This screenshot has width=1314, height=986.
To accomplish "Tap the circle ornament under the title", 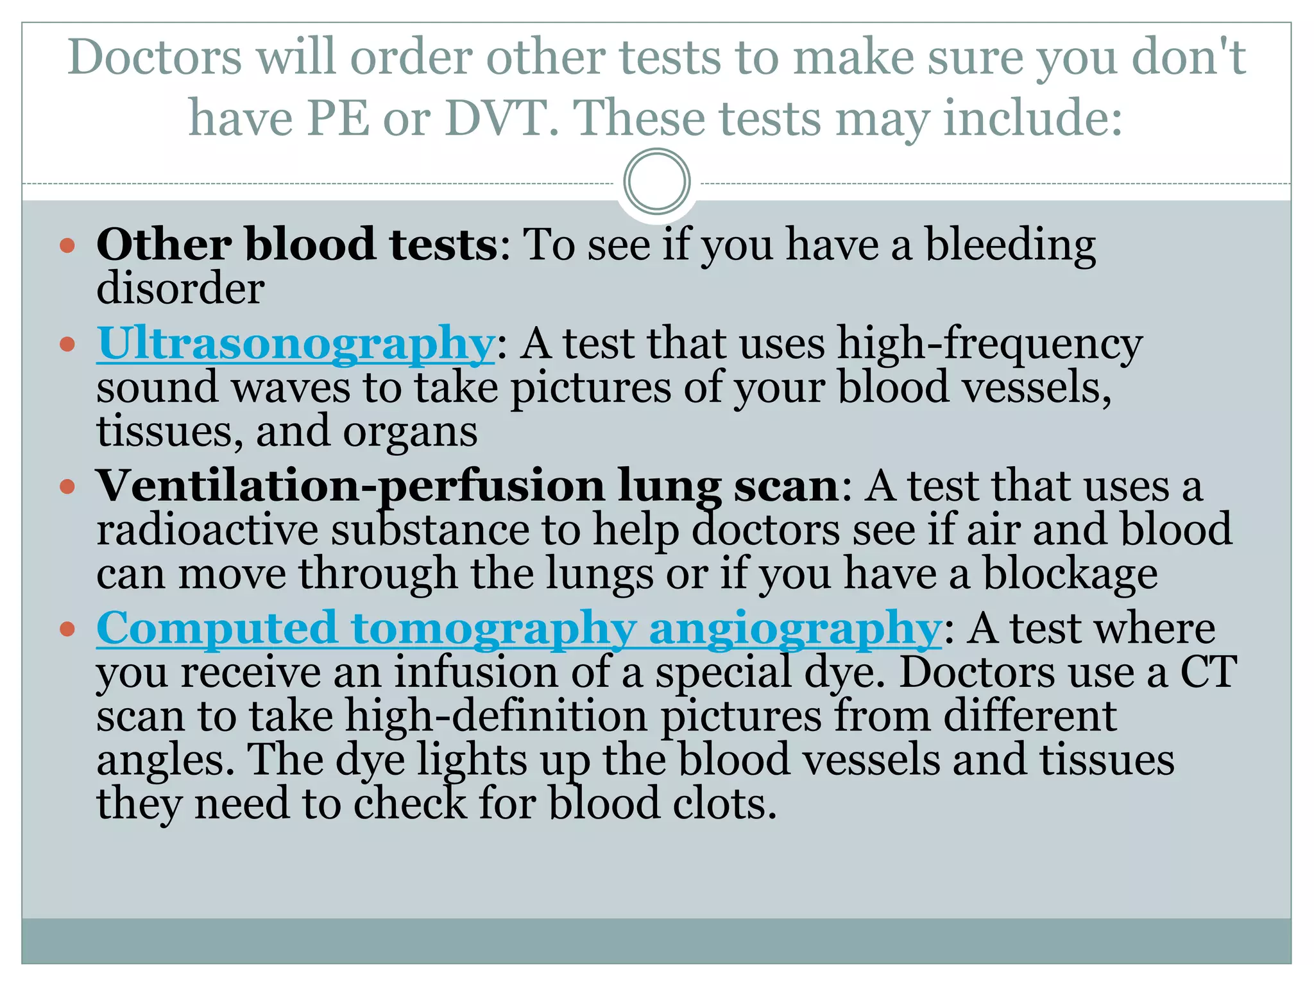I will click(656, 182).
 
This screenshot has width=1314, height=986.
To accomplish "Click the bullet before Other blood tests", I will click(67, 245).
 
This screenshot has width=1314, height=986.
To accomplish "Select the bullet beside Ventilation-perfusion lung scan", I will click(67, 487).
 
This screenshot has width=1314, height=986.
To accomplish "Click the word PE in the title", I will click(338, 119).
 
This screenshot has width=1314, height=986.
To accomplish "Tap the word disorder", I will click(180, 288).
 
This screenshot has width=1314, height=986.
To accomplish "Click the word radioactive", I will click(207, 530).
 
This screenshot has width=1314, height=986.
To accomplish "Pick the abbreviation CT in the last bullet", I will click(1208, 672).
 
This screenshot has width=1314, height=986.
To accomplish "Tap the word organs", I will click(410, 432).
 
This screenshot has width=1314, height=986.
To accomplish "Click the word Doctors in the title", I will click(155, 58).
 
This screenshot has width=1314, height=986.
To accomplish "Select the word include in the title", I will click(1033, 119).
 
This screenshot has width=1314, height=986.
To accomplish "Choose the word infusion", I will click(475, 672).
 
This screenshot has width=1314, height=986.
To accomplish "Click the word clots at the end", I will click(724, 804).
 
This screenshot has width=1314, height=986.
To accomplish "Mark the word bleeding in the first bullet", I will click(1010, 245).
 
